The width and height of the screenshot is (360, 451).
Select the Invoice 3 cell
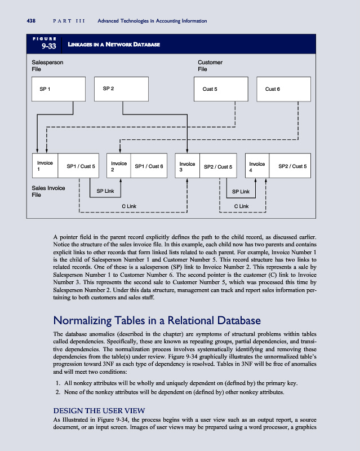pyautogui.click(x=187, y=166)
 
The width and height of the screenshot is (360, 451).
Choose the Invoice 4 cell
pyautogui.click(x=257, y=166)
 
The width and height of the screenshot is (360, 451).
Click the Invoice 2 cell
pyautogui.click(x=118, y=166)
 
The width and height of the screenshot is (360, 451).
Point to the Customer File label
pyautogui.click(x=210, y=65)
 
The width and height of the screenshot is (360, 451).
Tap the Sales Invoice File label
pyautogui.click(x=48, y=191)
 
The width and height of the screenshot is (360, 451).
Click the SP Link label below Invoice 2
pyautogui.click(x=105, y=191)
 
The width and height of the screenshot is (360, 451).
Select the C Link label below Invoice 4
pyautogui.click(x=242, y=206)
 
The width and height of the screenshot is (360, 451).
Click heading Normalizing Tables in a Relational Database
pyautogui.click(x=156, y=321)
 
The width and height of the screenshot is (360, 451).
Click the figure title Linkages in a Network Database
pyautogui.click(x=113, y=45)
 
